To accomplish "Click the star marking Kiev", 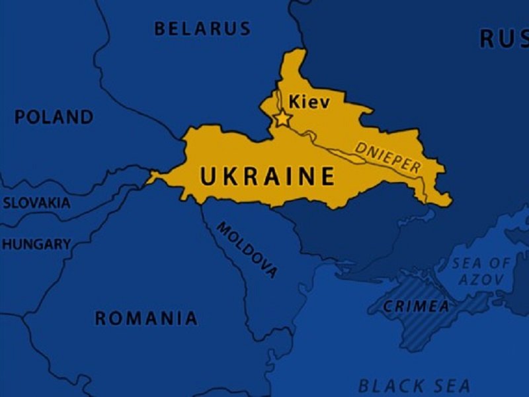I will (282, 119).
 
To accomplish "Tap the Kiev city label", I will (309, 103).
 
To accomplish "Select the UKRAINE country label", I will (267, 177).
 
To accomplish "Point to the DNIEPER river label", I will (387, 157).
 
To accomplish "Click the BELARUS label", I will (202, 28).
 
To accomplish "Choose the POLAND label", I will (54, 118).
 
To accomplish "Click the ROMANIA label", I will (146, 318).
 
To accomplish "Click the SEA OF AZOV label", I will (481, 271).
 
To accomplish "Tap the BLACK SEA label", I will (414, 386).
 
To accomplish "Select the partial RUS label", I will (504, 39).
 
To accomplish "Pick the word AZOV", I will (481, 280).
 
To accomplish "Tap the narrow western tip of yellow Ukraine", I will (151, 177).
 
